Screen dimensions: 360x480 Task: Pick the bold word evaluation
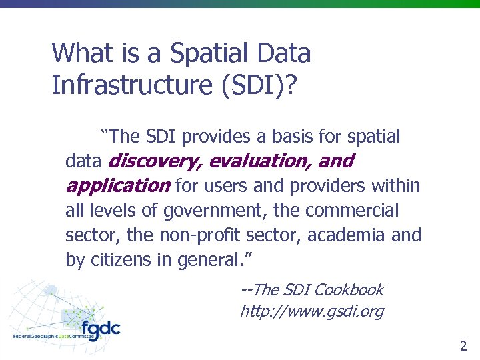tap(260, 161)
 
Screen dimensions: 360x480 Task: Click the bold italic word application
tap(117, 185)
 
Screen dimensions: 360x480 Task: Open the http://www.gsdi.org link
tap(311, 311)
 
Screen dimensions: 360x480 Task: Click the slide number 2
tap(463, 345)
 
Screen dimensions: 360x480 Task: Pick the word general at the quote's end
tap(205, 260)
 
